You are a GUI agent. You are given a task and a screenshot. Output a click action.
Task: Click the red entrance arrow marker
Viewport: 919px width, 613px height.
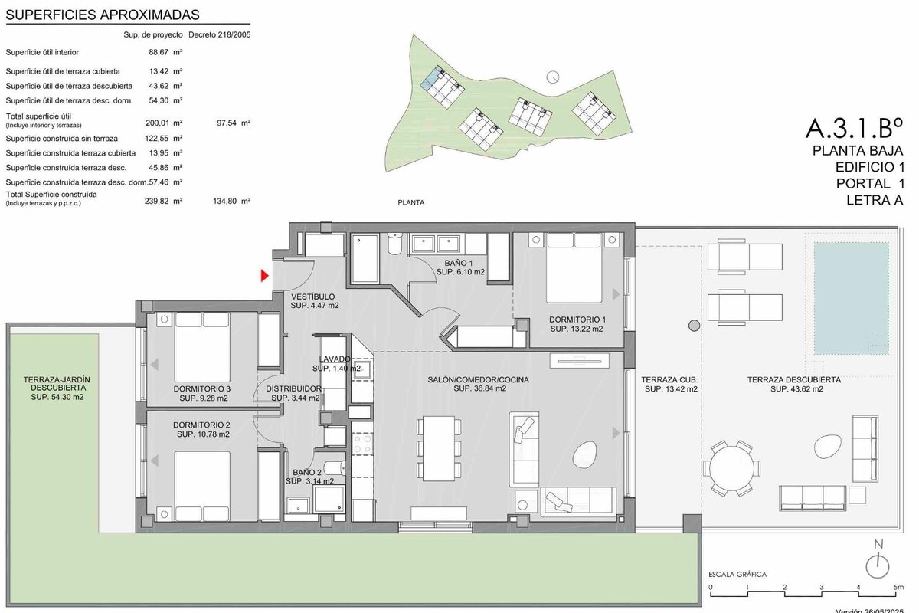(x=265, y=276)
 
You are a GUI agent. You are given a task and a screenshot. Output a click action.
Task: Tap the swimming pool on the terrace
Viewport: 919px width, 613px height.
(x=852, y=298)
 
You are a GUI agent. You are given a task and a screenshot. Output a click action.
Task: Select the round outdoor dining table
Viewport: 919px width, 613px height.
(x=731, y=468)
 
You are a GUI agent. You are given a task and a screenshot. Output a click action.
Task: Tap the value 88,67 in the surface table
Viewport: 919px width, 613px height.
(x=159, y=52)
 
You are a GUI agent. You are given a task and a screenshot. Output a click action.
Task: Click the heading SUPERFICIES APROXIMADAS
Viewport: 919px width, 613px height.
(x=103, y=15)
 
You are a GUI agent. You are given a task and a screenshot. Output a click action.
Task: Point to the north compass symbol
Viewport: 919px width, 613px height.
(x=878, y=561)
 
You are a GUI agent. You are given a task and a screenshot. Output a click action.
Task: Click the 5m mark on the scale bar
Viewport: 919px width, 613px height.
(x=898, y=587)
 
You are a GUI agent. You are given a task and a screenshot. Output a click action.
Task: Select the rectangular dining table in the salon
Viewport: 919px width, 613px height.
(x=439, y=448)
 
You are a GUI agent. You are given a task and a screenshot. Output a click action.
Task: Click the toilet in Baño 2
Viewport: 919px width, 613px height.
(x=335, y=467)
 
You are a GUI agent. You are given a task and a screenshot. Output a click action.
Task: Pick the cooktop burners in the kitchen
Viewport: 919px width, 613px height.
(x=362, y=444)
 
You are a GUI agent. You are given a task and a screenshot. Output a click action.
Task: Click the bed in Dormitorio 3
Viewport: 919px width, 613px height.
(x=202, y=347)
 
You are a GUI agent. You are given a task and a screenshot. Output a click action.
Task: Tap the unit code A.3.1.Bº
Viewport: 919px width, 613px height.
(x=854, y=128)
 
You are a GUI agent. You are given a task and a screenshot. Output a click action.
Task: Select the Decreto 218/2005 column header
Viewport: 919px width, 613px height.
(x=220, y=35)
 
